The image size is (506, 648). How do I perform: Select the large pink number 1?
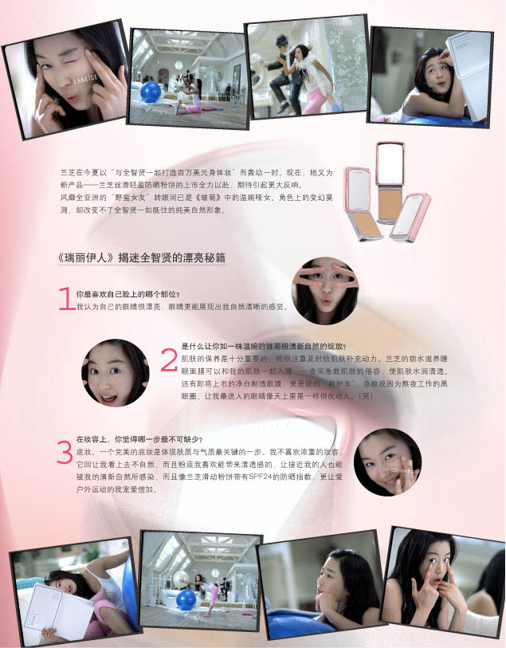(66, 300)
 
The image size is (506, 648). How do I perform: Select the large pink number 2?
(169, 360)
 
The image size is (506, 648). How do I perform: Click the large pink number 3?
(65, 451)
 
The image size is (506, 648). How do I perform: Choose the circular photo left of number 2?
(115, 372)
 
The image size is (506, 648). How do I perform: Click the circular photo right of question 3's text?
(387, 461)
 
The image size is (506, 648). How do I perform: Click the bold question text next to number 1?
(127, 294)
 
